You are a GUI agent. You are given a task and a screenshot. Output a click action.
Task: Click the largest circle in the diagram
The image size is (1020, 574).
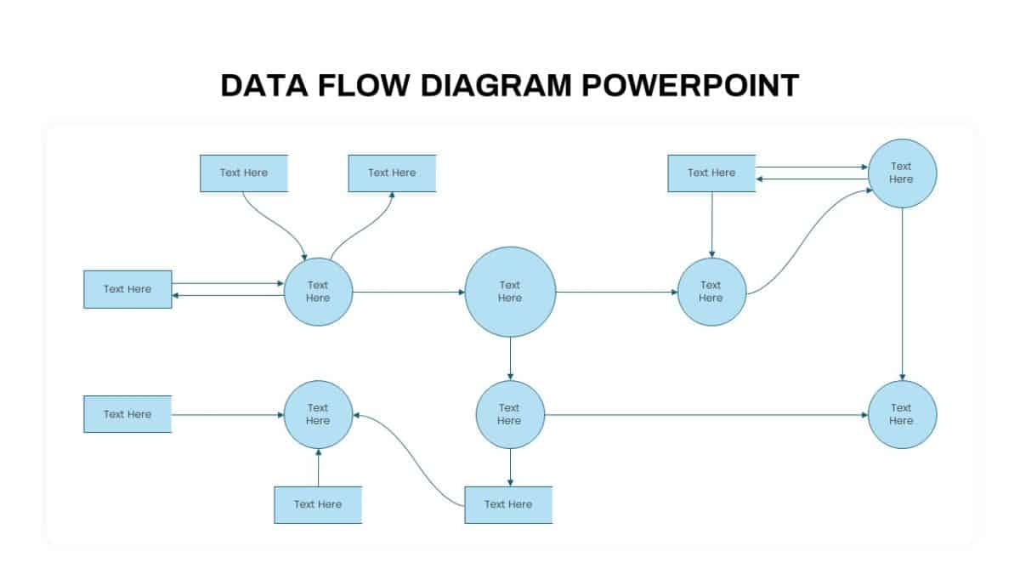[510, 292]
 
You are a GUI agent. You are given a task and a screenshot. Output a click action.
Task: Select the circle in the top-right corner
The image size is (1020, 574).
[902, 173]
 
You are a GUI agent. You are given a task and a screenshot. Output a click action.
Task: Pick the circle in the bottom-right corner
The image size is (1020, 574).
[902, 414]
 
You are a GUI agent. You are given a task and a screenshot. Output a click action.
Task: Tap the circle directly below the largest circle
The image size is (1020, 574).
[509, 414]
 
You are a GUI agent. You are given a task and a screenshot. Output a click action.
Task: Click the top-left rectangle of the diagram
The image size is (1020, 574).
[244, 173]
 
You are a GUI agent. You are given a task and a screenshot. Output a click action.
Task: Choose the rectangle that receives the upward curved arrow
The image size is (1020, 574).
[392, 173]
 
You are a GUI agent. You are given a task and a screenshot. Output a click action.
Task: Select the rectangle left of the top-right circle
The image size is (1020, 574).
[711, 173]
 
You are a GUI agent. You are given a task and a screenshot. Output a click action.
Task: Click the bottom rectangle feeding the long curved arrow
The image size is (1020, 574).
[508, 504]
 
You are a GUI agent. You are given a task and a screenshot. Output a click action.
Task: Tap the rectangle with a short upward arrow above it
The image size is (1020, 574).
[318, 504]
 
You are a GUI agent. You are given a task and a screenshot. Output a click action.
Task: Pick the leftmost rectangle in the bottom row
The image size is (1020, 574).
[127, 414]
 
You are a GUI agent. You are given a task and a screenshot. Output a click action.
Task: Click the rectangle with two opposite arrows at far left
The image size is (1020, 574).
[127, 289]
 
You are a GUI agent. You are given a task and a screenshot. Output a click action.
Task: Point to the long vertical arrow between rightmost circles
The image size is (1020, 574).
[902, 293]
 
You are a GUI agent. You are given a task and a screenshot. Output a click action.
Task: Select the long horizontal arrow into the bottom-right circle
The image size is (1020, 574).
[705, 415]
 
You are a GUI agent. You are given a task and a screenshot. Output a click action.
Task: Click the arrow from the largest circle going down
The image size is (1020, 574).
[510, 358]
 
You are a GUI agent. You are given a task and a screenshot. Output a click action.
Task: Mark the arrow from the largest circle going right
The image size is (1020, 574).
[616, 293]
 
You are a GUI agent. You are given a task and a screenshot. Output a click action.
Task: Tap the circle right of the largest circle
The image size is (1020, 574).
[711, 292]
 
